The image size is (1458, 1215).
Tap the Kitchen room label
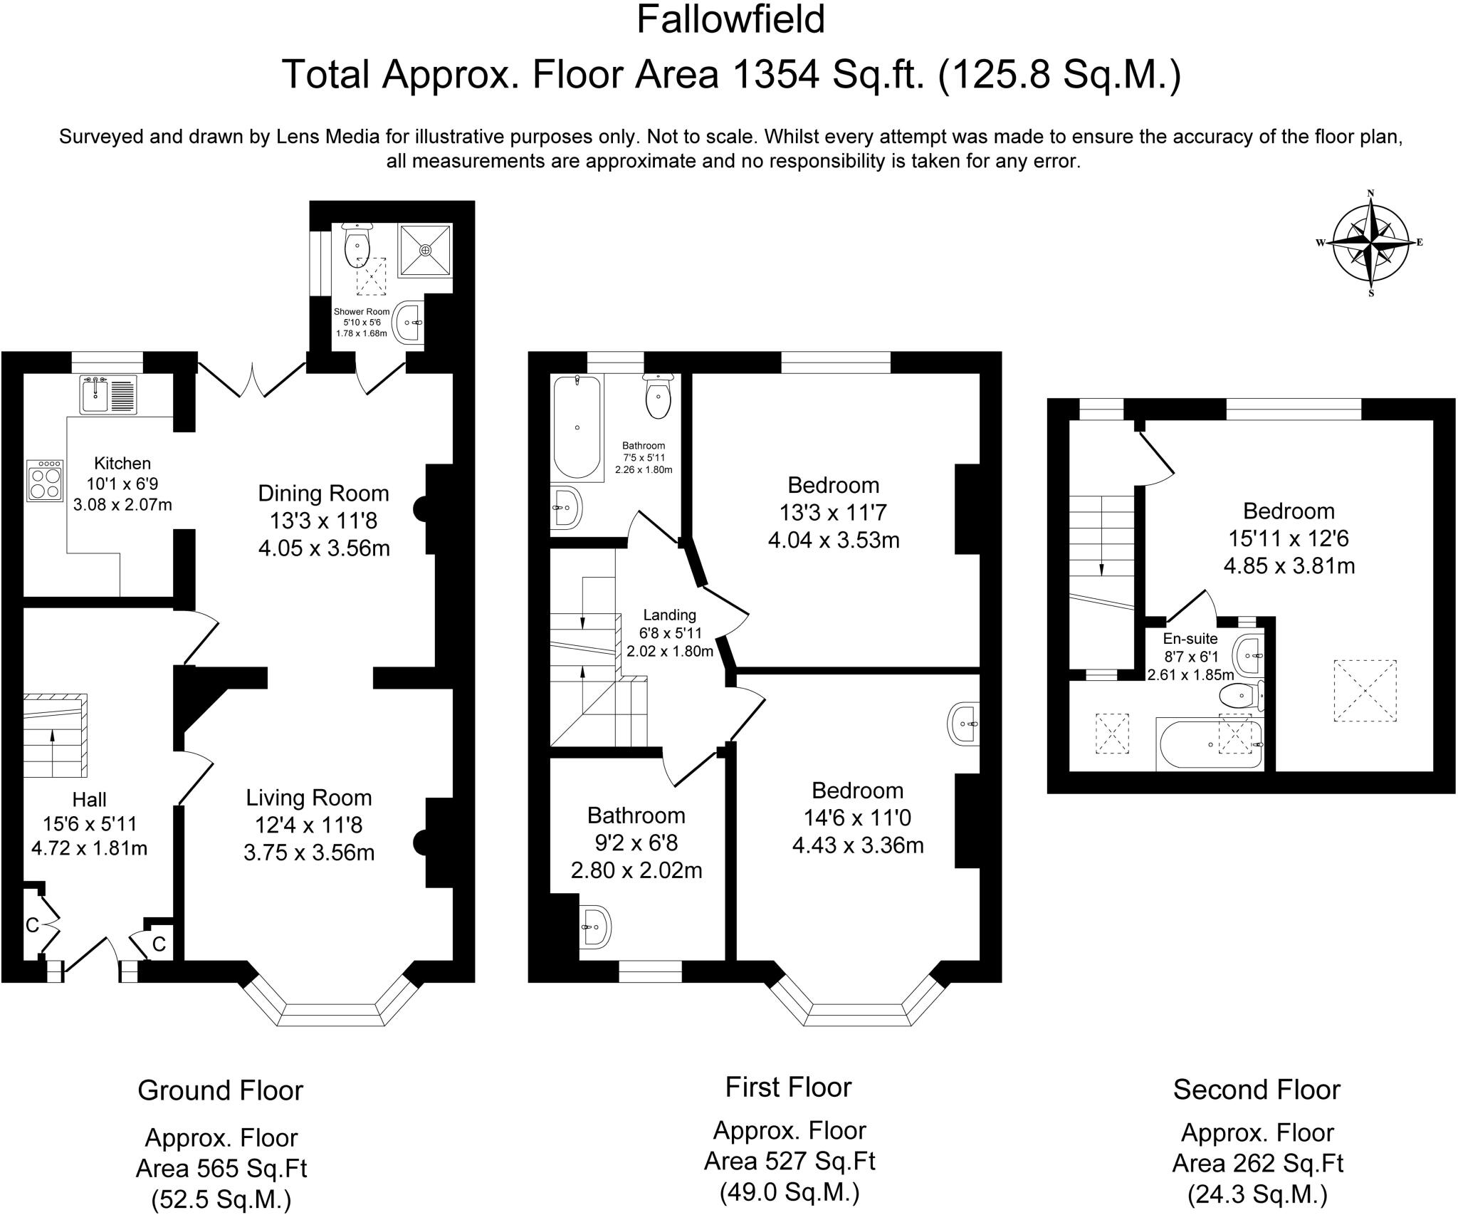click(x=122, y=463)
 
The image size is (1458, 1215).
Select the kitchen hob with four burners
click(x=46, y=481)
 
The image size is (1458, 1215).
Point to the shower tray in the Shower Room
click(x=425, y=250)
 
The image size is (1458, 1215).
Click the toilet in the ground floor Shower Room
click(x=357, y=246)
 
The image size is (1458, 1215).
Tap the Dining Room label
click(x=323, y=493)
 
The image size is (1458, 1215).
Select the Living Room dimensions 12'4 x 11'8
click(x=309, y=825)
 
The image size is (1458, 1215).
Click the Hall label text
click(x=89, y=800)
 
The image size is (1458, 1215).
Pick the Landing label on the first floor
click(x=669, y=615)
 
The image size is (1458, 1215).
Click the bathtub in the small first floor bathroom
click(x=577, y=427)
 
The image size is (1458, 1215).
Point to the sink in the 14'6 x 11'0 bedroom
click(x=964, y=724)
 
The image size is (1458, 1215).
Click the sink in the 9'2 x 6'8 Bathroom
click(x=594, y=927)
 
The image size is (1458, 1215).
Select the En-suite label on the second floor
click(x=1190, y=639)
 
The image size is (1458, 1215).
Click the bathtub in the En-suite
click(x=1210, y=744)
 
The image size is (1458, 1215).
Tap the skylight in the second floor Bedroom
click(x=1365, y=691)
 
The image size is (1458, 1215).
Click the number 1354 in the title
click(x=773, y=74)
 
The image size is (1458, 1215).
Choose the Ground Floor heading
click(x=221, y=1090)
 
